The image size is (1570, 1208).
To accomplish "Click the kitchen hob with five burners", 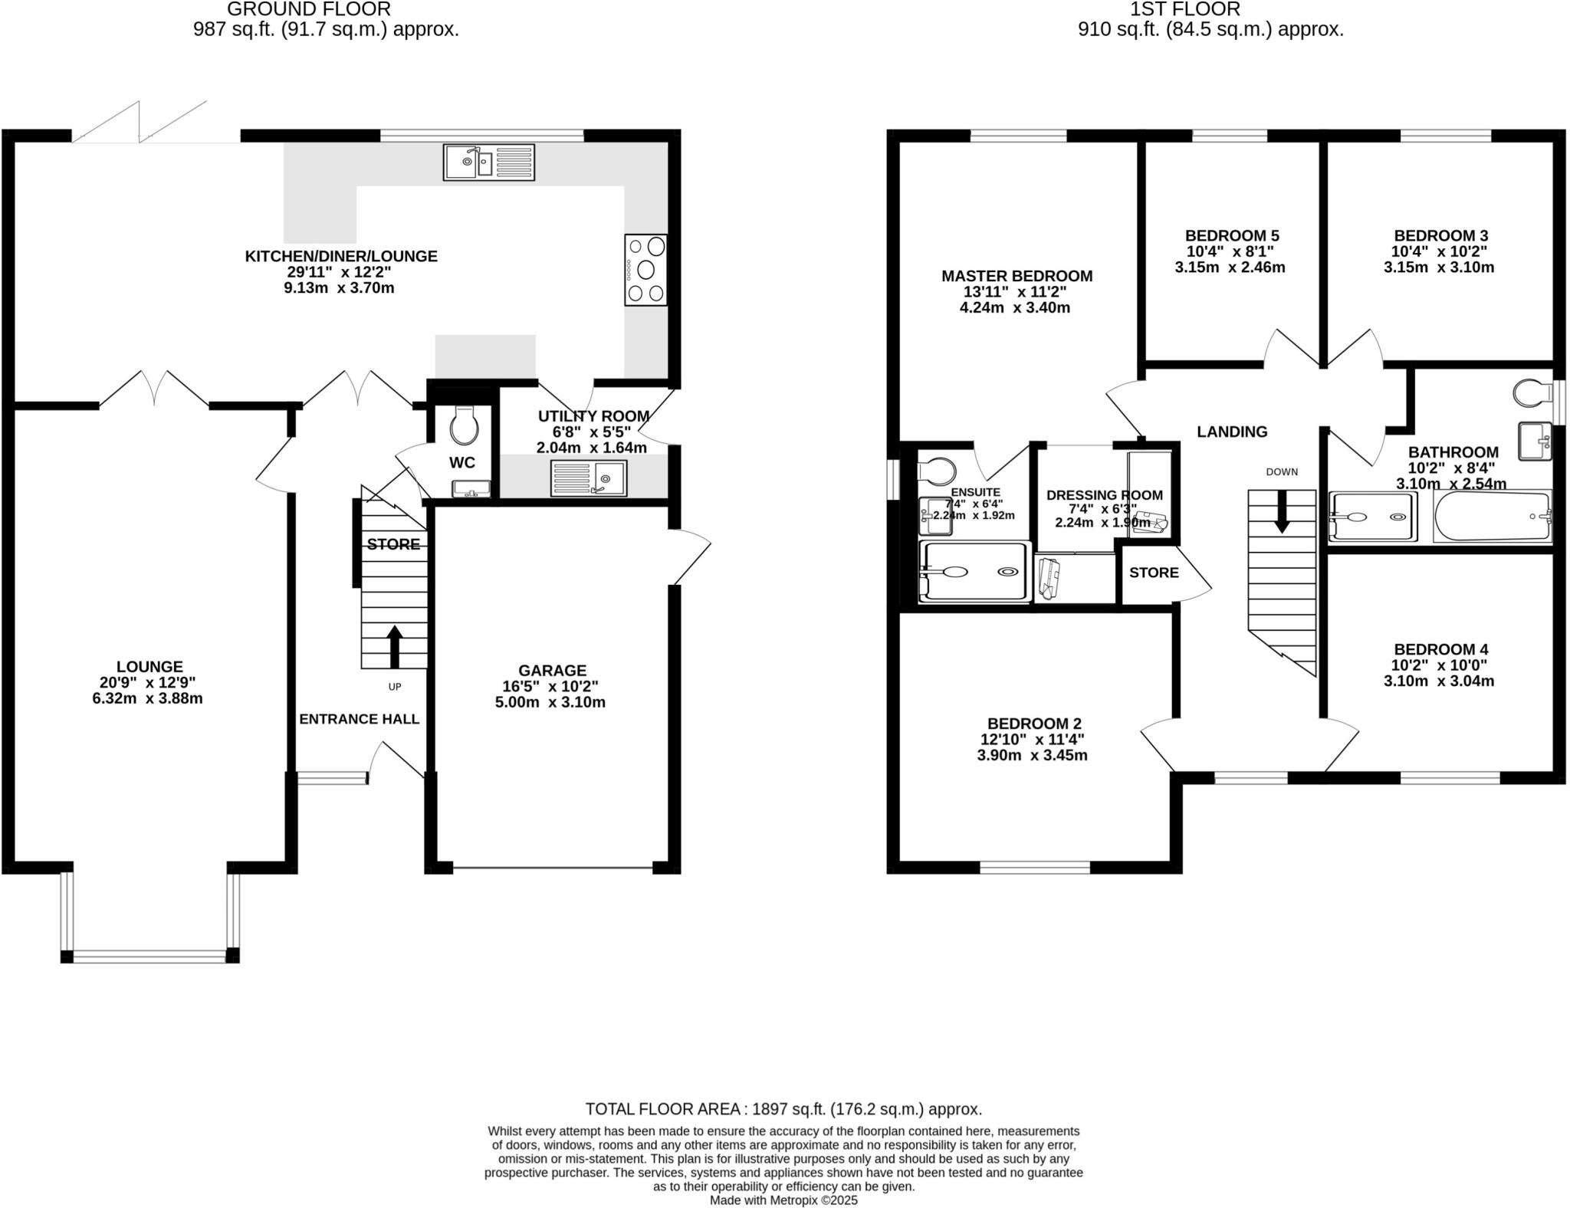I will tap(645, 270).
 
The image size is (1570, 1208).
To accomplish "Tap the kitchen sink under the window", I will tap(488, 162).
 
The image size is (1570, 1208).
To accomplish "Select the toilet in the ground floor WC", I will tap(464, 425).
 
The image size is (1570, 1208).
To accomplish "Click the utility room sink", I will tap(588, 478).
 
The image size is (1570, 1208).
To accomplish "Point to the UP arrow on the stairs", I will tap(395, 646).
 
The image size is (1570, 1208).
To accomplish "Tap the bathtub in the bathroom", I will tap(1491, 517).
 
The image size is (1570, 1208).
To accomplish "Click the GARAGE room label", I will tap(551, 670).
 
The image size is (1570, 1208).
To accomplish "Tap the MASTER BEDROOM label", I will tap(1017, 276).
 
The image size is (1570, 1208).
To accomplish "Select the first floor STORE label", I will tap(1153, 573).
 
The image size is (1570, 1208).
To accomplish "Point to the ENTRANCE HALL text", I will tap(359, 719).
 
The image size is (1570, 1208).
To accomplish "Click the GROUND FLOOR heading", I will tap(309, 9).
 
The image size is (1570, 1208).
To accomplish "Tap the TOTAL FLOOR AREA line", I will tap(783, 1108).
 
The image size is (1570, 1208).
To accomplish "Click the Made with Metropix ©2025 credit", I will tap(783, 1200).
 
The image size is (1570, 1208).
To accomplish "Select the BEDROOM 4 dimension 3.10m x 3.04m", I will tap(1438, 681).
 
